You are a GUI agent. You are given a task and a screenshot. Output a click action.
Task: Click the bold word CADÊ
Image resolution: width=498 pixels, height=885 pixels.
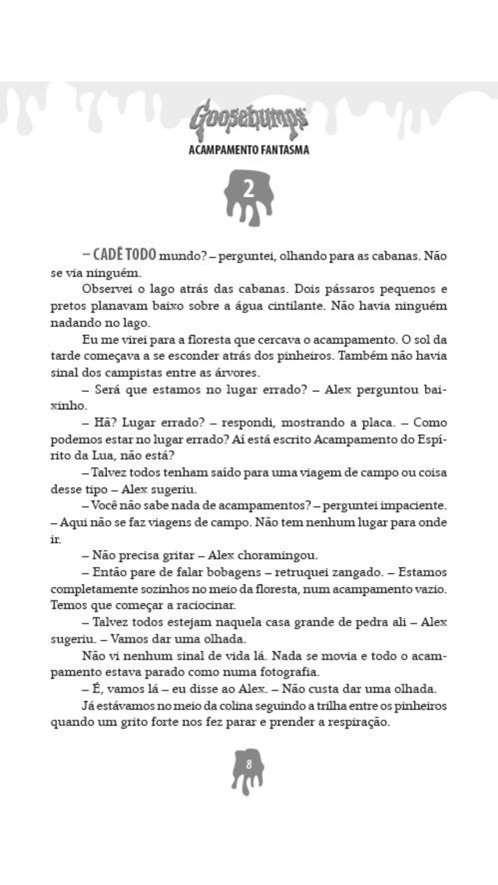click(108, 254)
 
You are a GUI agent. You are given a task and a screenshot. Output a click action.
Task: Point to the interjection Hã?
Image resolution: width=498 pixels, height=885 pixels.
click(104, 423)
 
